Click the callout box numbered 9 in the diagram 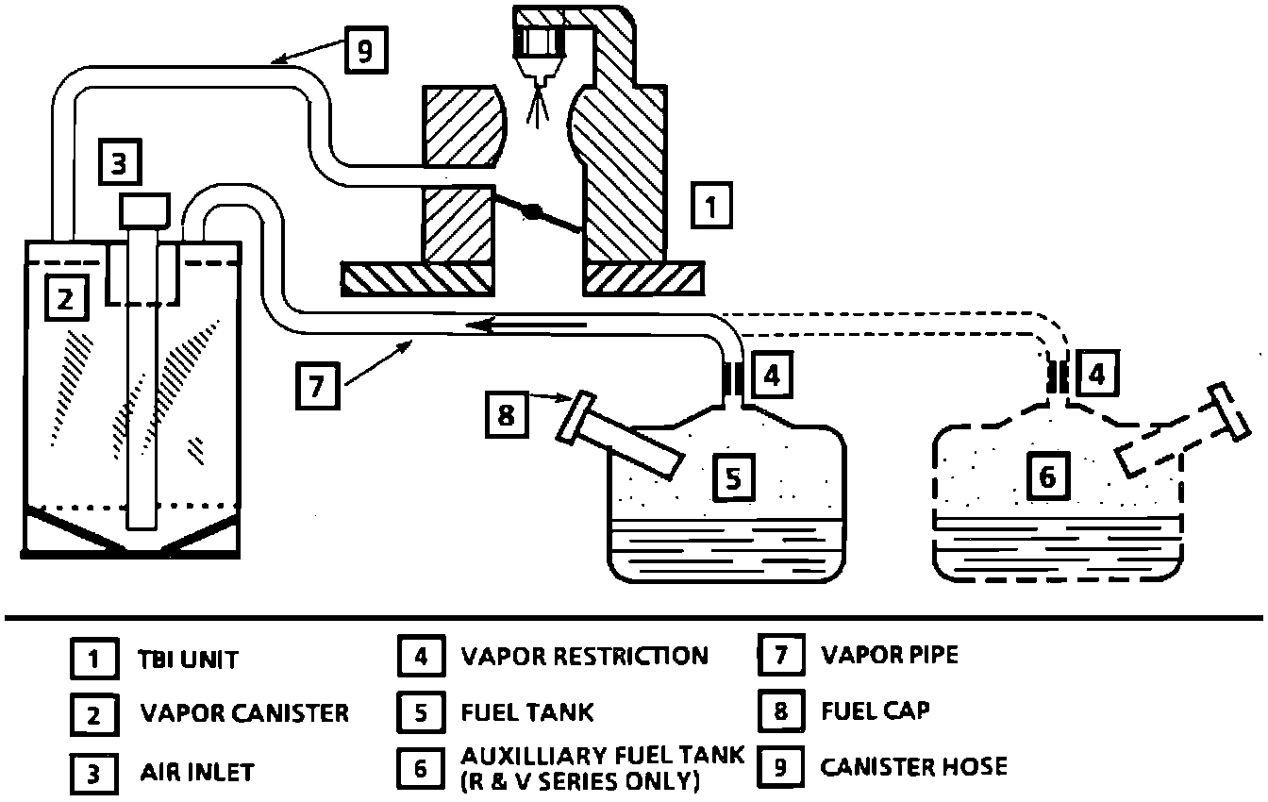(x=366, y=50)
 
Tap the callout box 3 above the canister (x=120, y=162)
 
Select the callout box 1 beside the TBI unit (x=711, y=206)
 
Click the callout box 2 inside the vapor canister (x=67, y=298)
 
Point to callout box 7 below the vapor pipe (x=318, y=386)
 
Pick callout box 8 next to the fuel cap (x=507, y=414)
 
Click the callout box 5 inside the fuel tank (x=733, y=477)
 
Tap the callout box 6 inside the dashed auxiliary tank (x=1048, y=476)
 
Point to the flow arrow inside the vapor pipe (x=526, y=325)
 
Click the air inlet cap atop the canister (x=144, y=210)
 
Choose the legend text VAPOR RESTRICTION (x=585, y=657)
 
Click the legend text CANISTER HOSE (x=914, y=767)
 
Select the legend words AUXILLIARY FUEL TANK (x=602, y=756)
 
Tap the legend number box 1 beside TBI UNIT (x=94, y=659)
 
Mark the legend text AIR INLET (x=197, y=773)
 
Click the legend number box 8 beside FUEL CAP (x=781, y=710)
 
